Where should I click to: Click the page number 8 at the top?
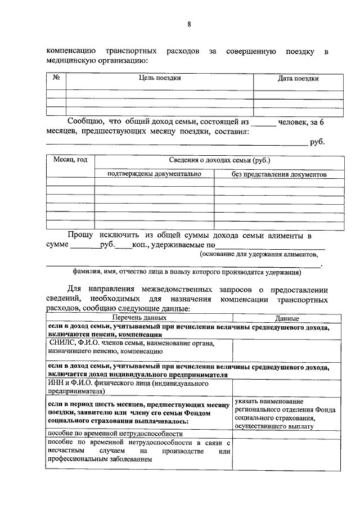point(190,24)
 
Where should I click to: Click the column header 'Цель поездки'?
point(160,78)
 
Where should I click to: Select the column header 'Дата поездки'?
point(298,79)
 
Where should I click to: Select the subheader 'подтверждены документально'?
point(154,174)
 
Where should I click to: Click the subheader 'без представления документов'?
point(279,174)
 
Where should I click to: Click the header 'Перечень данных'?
point(139,318)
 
